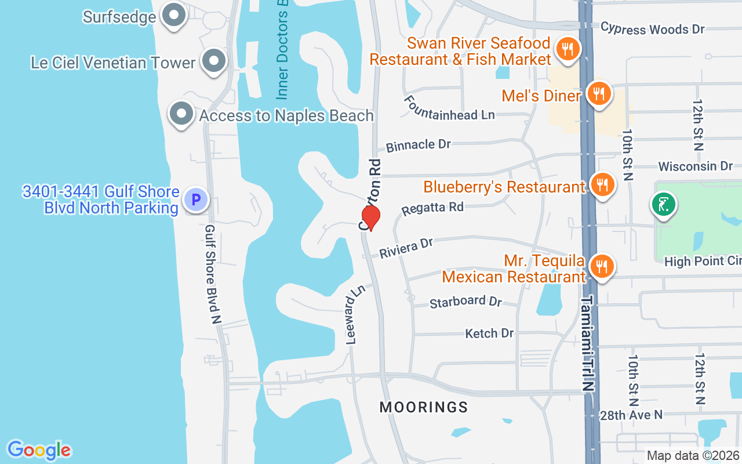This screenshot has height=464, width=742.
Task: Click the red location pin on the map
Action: click(x=370, y=217)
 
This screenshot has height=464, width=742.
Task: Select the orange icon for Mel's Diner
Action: click(x=599, y=93)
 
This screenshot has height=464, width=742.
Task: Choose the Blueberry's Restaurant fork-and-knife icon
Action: click(x=603, y=184)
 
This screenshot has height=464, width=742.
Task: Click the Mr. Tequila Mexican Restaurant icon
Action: click(x=603, y=267)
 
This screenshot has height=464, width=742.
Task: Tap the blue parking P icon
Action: click(x=195, y=200)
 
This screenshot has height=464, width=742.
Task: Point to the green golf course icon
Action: click(x=664, y=204)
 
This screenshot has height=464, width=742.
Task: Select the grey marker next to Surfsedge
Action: click(x=173, y=16)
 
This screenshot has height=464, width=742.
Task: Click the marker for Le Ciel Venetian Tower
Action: click(x=214, y=60)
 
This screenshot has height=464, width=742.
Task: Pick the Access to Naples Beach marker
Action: click(x=181, y=114)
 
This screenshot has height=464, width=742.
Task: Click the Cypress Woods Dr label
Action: click(x=652, y=28)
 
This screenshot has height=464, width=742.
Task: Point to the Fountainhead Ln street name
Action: click(x=449, y=108)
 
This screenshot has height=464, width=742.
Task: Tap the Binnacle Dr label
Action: click(x=418, y=145)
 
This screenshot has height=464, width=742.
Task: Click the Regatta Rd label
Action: click(x=433, y=208)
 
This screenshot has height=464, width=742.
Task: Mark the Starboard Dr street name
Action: click(x=465, y=302)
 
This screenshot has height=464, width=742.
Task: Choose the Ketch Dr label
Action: click(x=489, y=333)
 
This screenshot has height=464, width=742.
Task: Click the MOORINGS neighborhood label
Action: click(x=424, y=407)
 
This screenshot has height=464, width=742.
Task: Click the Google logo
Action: click(x=39, y=450)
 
